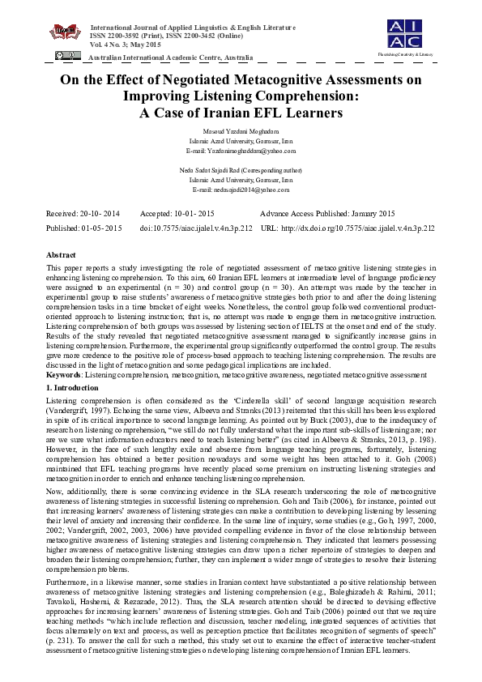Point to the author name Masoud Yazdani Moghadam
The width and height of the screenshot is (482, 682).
pos(241,131)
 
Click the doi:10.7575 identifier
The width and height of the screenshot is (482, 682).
pos(196,228)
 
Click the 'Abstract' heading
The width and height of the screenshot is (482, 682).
pos(62,254)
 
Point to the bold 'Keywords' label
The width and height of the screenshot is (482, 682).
pos(64,375)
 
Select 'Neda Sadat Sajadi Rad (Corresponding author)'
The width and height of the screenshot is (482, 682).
pos(241,169)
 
